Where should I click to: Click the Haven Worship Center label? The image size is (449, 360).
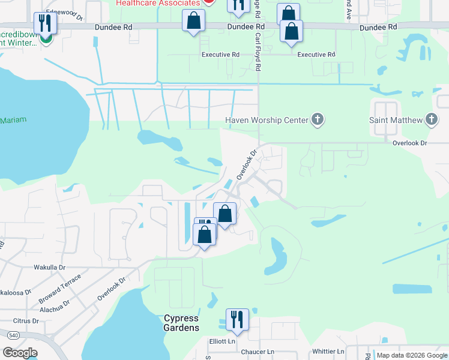pos(266,120)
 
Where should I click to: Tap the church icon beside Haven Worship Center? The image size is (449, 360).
pos(318,120)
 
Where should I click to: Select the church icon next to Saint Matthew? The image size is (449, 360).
pos(431,120)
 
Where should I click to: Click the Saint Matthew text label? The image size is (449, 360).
pos(392,120)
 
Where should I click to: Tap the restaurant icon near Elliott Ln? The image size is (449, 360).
pos(237,320)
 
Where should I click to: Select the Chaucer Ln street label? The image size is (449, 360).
pos(257,352)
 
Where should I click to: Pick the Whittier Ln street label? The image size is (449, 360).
pos(328,352)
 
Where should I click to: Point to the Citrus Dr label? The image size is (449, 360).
pos(25,321)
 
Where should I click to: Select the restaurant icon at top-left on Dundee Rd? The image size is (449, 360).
pos(45,23)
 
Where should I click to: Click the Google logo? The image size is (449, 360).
pos(20,353)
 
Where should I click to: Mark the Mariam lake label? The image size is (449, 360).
pos(13,120)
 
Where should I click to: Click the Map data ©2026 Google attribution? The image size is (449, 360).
pos(411,355)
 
